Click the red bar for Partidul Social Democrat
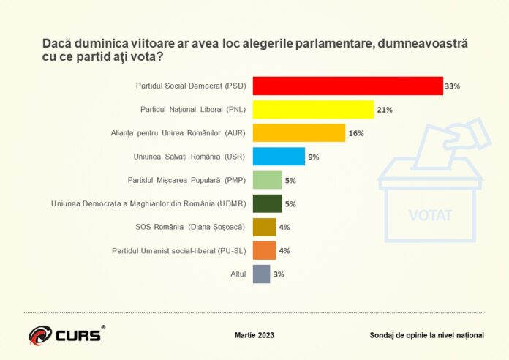347,86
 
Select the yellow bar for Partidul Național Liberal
313,109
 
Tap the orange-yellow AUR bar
298,132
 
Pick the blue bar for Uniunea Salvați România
279,156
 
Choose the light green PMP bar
267,179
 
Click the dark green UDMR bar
267,203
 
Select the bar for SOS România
264,227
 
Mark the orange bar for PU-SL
264,250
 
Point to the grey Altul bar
261,274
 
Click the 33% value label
452,86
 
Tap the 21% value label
385,110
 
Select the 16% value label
356,133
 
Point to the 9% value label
313,157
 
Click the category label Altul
238,274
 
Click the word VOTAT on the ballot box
430,215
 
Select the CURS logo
67,335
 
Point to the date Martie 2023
255,334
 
